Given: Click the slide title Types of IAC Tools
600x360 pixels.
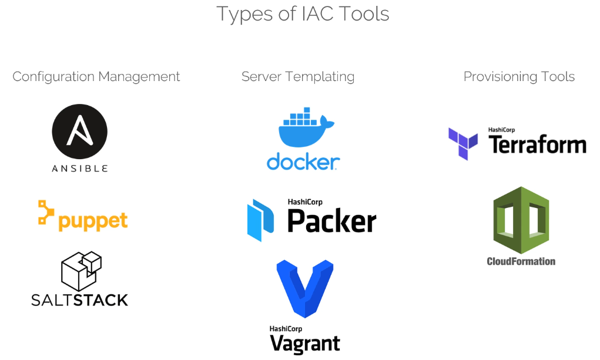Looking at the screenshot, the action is (x=303, y=15).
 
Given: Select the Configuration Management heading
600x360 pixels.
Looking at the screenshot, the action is (x=96, y=77).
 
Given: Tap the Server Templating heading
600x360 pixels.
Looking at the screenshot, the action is (x=298, y=77).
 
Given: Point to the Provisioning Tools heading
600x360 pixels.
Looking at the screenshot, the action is (x=519, y=77).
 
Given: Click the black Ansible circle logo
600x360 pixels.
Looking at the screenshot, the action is (x=79, y=131).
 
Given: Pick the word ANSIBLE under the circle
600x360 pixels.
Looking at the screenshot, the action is (x=79, y=169).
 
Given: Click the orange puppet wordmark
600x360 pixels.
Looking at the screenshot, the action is (x=93, y=221).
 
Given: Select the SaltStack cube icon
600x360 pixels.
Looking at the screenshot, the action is (x=81, y=271).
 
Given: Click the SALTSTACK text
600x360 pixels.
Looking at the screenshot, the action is (x=79, y=300).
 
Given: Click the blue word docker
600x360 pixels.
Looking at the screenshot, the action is (x=303, y=162).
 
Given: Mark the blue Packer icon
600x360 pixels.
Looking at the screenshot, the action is (x=260, y=220).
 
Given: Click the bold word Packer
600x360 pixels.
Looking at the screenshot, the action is (x=332, y=221).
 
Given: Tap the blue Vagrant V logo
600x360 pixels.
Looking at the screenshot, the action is (x=305, y=289).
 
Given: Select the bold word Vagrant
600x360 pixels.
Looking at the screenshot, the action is (x=304, y=343).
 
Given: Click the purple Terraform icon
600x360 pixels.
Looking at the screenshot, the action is (x=463, y=143).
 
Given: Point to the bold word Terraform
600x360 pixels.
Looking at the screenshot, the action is (x=537, y=144).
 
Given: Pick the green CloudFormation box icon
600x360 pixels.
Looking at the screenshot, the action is (x=521, y=220).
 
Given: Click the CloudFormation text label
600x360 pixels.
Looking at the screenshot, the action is (x=521, y=261).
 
